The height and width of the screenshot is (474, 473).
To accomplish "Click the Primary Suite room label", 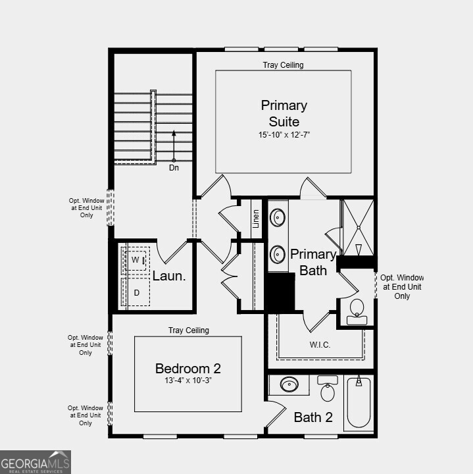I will point(284,113).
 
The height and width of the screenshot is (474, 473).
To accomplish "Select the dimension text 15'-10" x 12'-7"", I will point(284,135).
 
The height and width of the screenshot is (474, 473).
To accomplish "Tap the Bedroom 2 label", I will point(187,368).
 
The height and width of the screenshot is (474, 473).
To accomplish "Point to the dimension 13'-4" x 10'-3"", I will point(187,381).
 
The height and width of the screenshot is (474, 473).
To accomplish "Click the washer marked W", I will point(136,261).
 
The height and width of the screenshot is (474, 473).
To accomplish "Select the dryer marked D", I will point(137,293).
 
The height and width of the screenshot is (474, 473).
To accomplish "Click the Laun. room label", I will point(169,276).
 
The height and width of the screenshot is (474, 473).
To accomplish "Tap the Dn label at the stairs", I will point(174,168).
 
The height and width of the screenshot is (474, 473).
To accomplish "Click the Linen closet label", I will point(256,218).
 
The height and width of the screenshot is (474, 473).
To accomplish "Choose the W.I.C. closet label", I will point(320,345).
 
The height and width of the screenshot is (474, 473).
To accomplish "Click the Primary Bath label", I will point(313,262).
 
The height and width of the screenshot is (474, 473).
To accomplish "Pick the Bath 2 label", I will point(313,417).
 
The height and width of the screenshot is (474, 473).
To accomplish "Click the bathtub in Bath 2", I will point(359,403).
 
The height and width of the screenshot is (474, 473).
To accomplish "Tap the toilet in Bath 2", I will point(328,390).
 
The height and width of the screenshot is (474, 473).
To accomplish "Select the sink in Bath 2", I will point(289,384).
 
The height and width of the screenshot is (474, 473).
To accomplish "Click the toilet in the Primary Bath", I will point(357,310).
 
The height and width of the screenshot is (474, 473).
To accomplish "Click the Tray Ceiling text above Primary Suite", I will point(283,65).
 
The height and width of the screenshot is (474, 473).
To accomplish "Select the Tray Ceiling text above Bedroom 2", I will point(188,330).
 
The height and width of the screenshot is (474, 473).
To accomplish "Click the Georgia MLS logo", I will point(36,461).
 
